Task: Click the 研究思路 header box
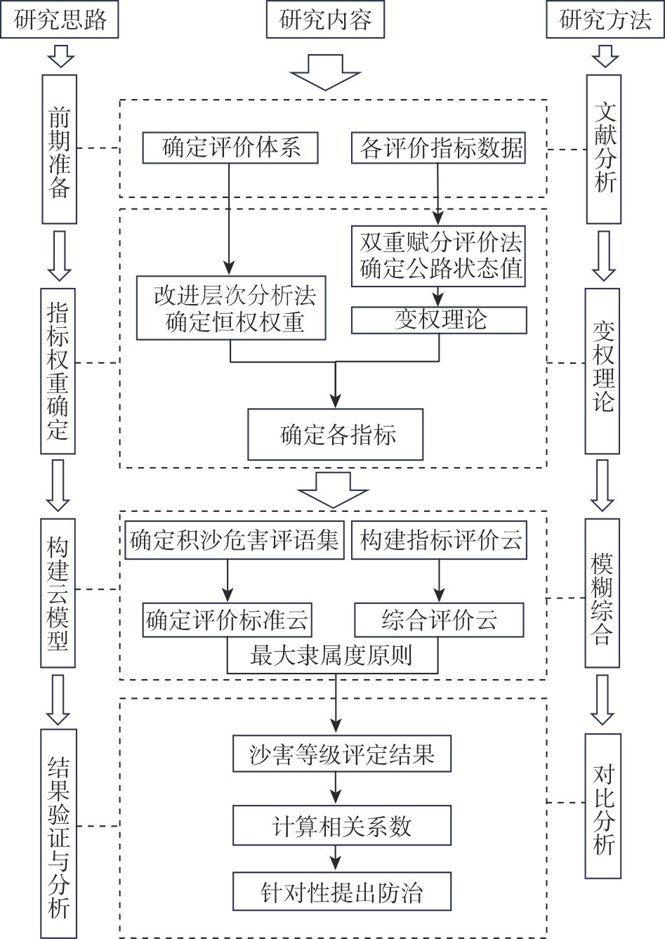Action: coord(59,19)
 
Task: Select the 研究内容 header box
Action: coord(325,19)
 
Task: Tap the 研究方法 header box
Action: coord(605,19)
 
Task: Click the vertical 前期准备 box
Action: coord(59,149)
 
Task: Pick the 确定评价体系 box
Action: coord(230,147)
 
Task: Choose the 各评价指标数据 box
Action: coord(439,147)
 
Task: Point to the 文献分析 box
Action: coord(604,149)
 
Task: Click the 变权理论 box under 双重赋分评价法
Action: coord(440,320)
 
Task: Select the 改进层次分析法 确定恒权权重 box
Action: coord(231,308)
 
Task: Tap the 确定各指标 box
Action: coord(335,435)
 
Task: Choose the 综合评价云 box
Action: coord(440,620)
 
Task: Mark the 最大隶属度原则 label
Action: coord(331,657)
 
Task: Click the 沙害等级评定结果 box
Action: coord(341,754)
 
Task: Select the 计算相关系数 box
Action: coord(341,826)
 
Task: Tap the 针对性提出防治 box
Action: coord(341,892)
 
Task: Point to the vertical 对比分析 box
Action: coord(604,806)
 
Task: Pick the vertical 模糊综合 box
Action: coord(604,593)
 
